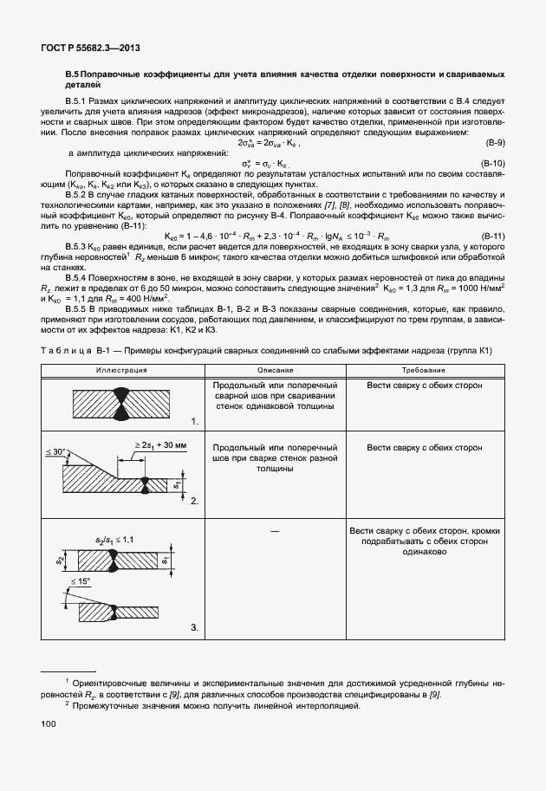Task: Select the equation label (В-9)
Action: coord(494,141)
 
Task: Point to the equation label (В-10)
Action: coord(492,163)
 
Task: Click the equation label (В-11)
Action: coord(492,237)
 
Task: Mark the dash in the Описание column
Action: coord(274,529)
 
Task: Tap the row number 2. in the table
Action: coord(195,501)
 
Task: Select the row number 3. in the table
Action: coord(195,627)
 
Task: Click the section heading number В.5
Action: coord(74,76)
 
